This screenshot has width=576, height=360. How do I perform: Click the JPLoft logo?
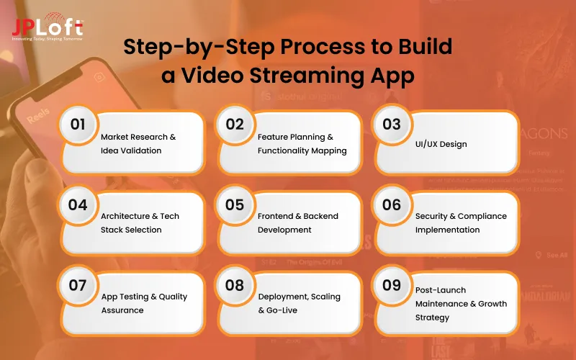pyautogui.click(x=47, y=29)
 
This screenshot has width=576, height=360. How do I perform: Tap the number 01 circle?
pyautogui.click(x=78, y=124)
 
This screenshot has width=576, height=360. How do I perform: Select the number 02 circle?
pyautogui.click(x=235, y=124)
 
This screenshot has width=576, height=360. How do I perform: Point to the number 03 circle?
pyautogui.click(x=392, y=124)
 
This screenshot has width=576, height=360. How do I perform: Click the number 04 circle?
pyautogui.click(x=78, y=204)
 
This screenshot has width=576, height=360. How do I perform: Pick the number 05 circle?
pyautogui.click(x=235, y=204)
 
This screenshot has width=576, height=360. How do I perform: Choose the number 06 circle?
pyautogui.click(x=392, y=204)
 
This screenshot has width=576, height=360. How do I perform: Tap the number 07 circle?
pyautogui.click(x=78, y=284)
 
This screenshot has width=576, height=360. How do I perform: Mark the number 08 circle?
pyautogui.click(x=235, y=284)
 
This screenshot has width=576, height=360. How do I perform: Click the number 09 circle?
pyautogui.click(x=392, y=284)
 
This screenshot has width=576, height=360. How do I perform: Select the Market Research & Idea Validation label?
pyautogui.click(x=138, y=143)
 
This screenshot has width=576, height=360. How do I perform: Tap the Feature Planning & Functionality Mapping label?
pyautogui.click(x=302, y=143)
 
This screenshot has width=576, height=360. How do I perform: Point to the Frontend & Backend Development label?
pyautogui.click(x=298, y=222)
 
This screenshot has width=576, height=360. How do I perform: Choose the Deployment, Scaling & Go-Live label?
pyautogui.click(x=299, y=303)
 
